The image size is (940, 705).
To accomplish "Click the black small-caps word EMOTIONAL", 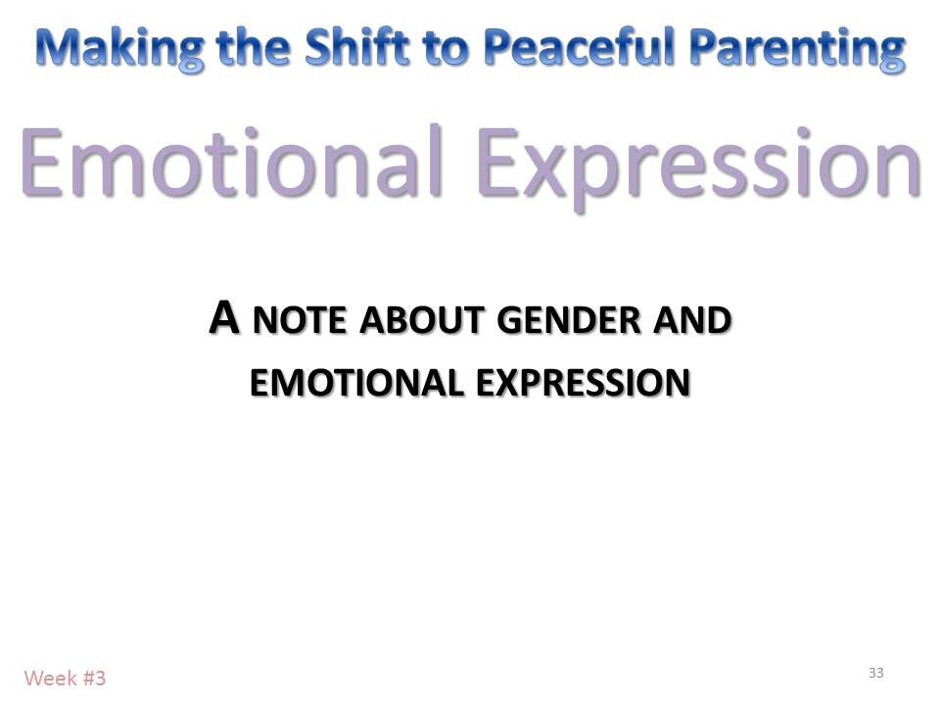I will tap(357, 382).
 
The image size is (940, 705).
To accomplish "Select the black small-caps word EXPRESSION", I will tap(583, 382).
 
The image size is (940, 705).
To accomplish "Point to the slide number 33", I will tap(875, 672).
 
